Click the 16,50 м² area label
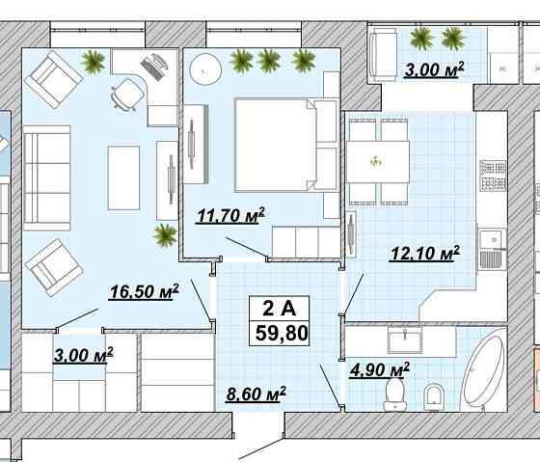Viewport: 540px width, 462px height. tap(144, 292)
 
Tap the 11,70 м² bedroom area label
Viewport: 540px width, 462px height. tap(230, 216)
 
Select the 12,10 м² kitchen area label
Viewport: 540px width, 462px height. tap(424, 254)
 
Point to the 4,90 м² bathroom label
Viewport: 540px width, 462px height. tap(380, 370)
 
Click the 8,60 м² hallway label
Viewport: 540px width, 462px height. tap(256, 394)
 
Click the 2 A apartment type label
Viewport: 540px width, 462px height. tap(280, 309)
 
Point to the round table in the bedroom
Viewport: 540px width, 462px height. tap(205, 70)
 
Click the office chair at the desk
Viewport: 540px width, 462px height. tap(126, 95)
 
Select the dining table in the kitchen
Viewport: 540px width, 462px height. tap(378, 162)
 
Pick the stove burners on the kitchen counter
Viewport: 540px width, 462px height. tap(493, 176)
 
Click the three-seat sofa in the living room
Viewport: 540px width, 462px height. tap(47, 177)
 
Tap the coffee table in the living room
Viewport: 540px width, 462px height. tap(123, 177)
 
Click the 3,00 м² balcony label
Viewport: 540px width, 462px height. tap(434, 70)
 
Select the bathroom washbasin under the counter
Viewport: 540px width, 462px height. tap(405, 340)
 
